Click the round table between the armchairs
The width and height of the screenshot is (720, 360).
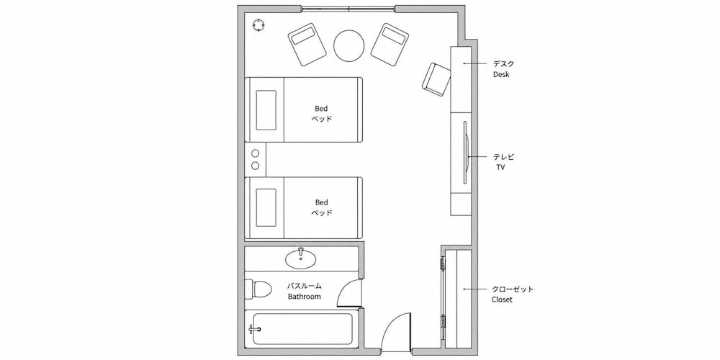pyautogui.click(x=349, y=45)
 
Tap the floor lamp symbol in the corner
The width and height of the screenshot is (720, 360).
pyautogui.click(x=259, y=24)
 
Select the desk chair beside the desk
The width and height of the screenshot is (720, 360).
pyautogui.click(x=436, y=79)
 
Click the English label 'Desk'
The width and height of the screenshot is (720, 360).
pyautogui.click(x=501, y=74)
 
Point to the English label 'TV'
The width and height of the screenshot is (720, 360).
pyautogui.click(x=500, y=168)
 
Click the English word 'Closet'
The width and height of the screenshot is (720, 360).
pyautogui.click(x=502, y=300)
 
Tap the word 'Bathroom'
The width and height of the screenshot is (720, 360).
pyautogui.click(x=304, y=296)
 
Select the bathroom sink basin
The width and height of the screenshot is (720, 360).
pyautogui.click(x=301, y=259)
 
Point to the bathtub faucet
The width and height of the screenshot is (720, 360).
pyautogui.click(x=254, y=329)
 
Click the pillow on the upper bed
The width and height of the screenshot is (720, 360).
pyautogui.click(x=266, y=109)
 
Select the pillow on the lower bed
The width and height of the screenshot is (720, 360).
pyautogui.click(x=266, y=207)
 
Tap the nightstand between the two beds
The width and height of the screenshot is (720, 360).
pyautogui.click(x=256, y=159)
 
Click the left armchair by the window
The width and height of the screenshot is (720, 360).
pyautogui.click(x=307, y=45)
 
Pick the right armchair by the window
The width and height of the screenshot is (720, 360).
pyautogui.click(x=390, y=43)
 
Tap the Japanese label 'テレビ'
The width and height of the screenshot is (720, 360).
pyautogui.click(x=504, y=157)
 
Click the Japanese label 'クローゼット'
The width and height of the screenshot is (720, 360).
pyautogui.click(x=513, y=289)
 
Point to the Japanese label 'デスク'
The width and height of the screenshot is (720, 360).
pyautogui.click(x=504, y=64)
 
